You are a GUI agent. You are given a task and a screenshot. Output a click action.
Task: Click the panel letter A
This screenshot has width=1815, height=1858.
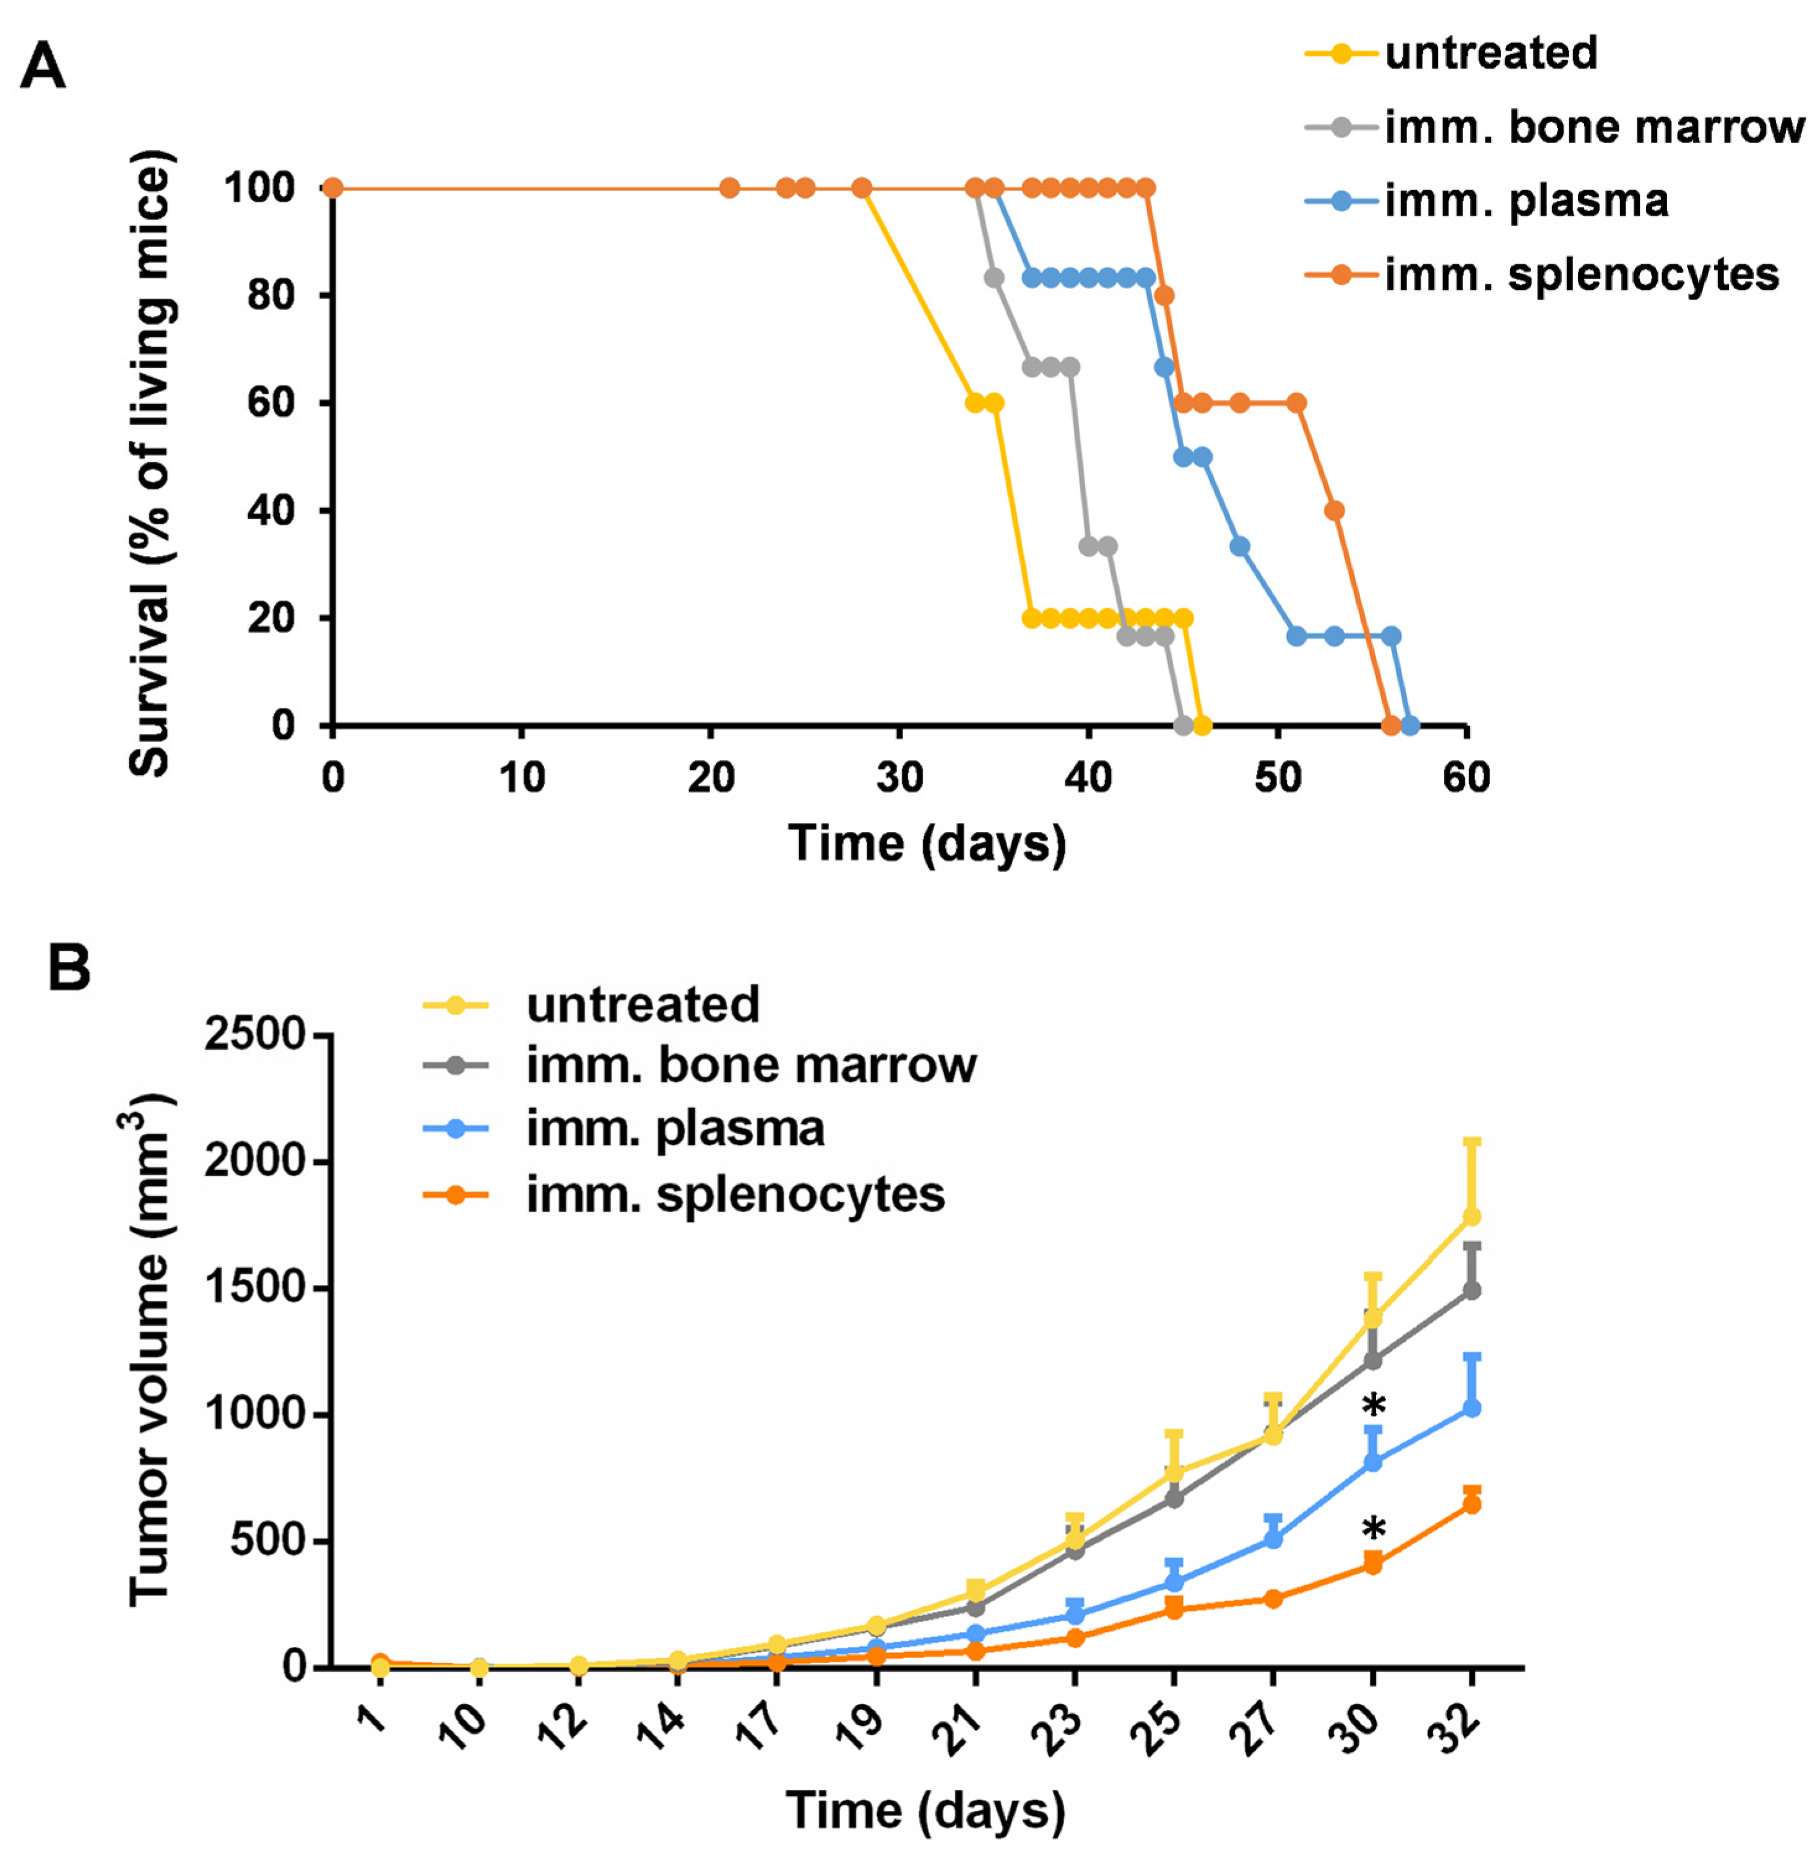(42, 69)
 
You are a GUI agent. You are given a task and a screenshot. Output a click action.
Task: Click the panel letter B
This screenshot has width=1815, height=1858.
(69, 969)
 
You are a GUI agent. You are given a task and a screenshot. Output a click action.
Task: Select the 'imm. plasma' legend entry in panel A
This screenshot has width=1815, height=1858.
(1525, 201)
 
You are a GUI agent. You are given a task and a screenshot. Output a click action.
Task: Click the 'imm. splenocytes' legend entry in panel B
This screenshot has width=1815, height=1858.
(734, 1195)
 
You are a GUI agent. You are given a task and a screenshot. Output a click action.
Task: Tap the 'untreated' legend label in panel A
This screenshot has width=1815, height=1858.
(1490, 53)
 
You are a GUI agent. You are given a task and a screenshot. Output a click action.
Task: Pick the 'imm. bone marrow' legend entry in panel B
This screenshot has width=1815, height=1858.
(750, 1066)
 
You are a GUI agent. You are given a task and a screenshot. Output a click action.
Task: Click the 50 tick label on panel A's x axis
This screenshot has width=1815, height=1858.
(1276, 779)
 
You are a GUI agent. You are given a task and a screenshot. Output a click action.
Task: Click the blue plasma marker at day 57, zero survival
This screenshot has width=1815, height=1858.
(1411, 727)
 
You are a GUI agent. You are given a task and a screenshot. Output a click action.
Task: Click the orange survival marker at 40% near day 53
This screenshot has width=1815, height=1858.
(1335, 511)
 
